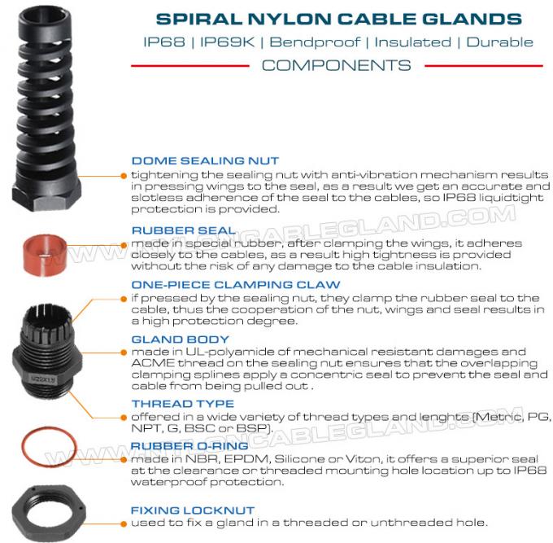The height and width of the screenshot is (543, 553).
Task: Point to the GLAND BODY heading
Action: tap(180, 339)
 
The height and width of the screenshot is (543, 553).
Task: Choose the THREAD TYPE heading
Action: tap(182, 404)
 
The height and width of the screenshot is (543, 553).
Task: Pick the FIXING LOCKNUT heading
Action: tap(193, 510)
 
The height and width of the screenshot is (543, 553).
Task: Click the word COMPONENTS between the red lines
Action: tap(336, 65)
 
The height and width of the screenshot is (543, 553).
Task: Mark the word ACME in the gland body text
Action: tap(147, 364)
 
